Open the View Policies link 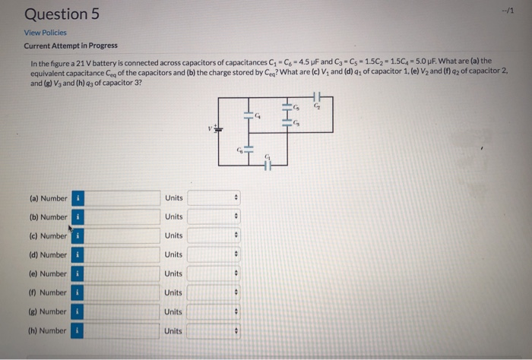coord(46,33)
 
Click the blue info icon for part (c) coord(76,236)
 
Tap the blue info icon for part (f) coord(76,292)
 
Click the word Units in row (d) coord(173,254)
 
